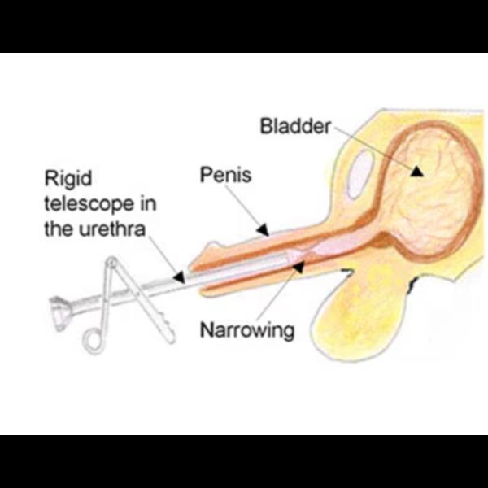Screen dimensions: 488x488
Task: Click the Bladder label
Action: (x=295, y=126)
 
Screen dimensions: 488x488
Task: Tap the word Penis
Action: (x=225, y=175)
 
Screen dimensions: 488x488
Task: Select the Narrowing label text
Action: (x=247, y=330)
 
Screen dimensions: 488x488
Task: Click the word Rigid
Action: (x=68, y=179)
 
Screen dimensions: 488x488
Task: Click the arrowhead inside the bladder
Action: (x=416, y=172)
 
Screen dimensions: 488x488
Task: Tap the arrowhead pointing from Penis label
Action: (x=263, y=230)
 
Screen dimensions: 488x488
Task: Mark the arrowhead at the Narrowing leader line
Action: (x=298, y=267)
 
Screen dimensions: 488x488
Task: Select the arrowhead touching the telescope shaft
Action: (x=179, y=277)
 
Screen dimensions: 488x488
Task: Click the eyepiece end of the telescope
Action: (x=59, y=313)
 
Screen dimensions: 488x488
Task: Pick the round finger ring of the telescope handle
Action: (x=93, y=342)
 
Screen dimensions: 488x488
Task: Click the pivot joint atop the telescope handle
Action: (x=111, y=262)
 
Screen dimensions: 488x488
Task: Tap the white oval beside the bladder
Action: (x=360, y=174)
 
